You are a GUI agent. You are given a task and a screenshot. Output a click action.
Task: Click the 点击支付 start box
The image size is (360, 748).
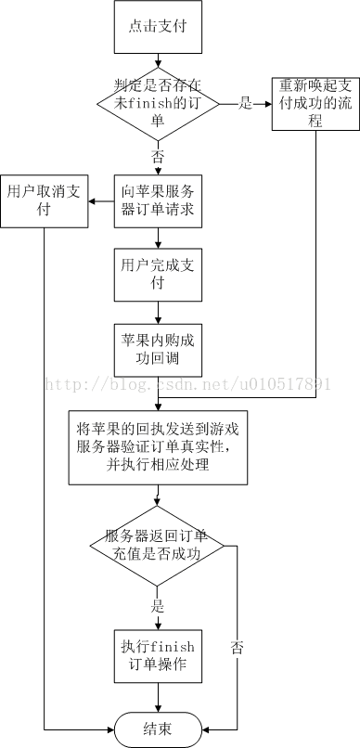(x=158, y=26)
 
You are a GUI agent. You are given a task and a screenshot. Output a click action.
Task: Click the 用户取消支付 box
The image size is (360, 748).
(x=43, y=200)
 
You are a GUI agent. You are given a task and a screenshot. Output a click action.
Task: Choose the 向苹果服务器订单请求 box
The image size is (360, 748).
(x=158, y=200)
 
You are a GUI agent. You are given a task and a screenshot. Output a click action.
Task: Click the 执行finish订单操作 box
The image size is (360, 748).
(x=158, y=656)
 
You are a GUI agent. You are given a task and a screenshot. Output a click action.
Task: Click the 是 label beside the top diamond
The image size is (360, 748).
(x=245, y=104)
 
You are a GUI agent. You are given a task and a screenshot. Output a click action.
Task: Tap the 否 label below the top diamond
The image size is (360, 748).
(x=157, y=156)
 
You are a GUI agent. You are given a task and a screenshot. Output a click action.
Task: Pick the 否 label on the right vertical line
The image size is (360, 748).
(x=238, y=670)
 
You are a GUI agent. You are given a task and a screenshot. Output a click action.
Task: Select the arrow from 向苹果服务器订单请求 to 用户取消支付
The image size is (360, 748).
(x=100, y=200)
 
